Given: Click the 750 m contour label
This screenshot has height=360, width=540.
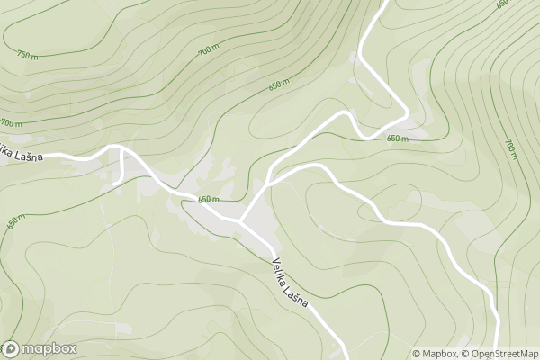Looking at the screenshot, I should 27,55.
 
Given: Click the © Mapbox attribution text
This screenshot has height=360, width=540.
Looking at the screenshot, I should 436,354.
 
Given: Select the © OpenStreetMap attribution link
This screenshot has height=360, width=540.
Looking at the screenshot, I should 499,354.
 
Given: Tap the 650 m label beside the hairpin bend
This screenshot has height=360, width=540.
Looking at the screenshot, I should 397,139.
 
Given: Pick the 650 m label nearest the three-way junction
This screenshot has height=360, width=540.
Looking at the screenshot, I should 209,199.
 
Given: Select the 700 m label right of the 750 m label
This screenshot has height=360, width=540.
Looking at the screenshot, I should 208,51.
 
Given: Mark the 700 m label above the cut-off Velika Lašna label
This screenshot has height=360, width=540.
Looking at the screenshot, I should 11,122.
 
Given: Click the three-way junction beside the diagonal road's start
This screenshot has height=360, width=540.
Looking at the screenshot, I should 240,219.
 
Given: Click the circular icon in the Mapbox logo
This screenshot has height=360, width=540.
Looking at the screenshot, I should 11,348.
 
